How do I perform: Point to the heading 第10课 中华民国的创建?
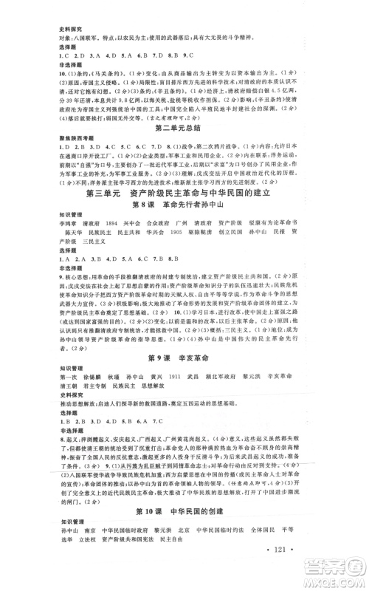(184, 510)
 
